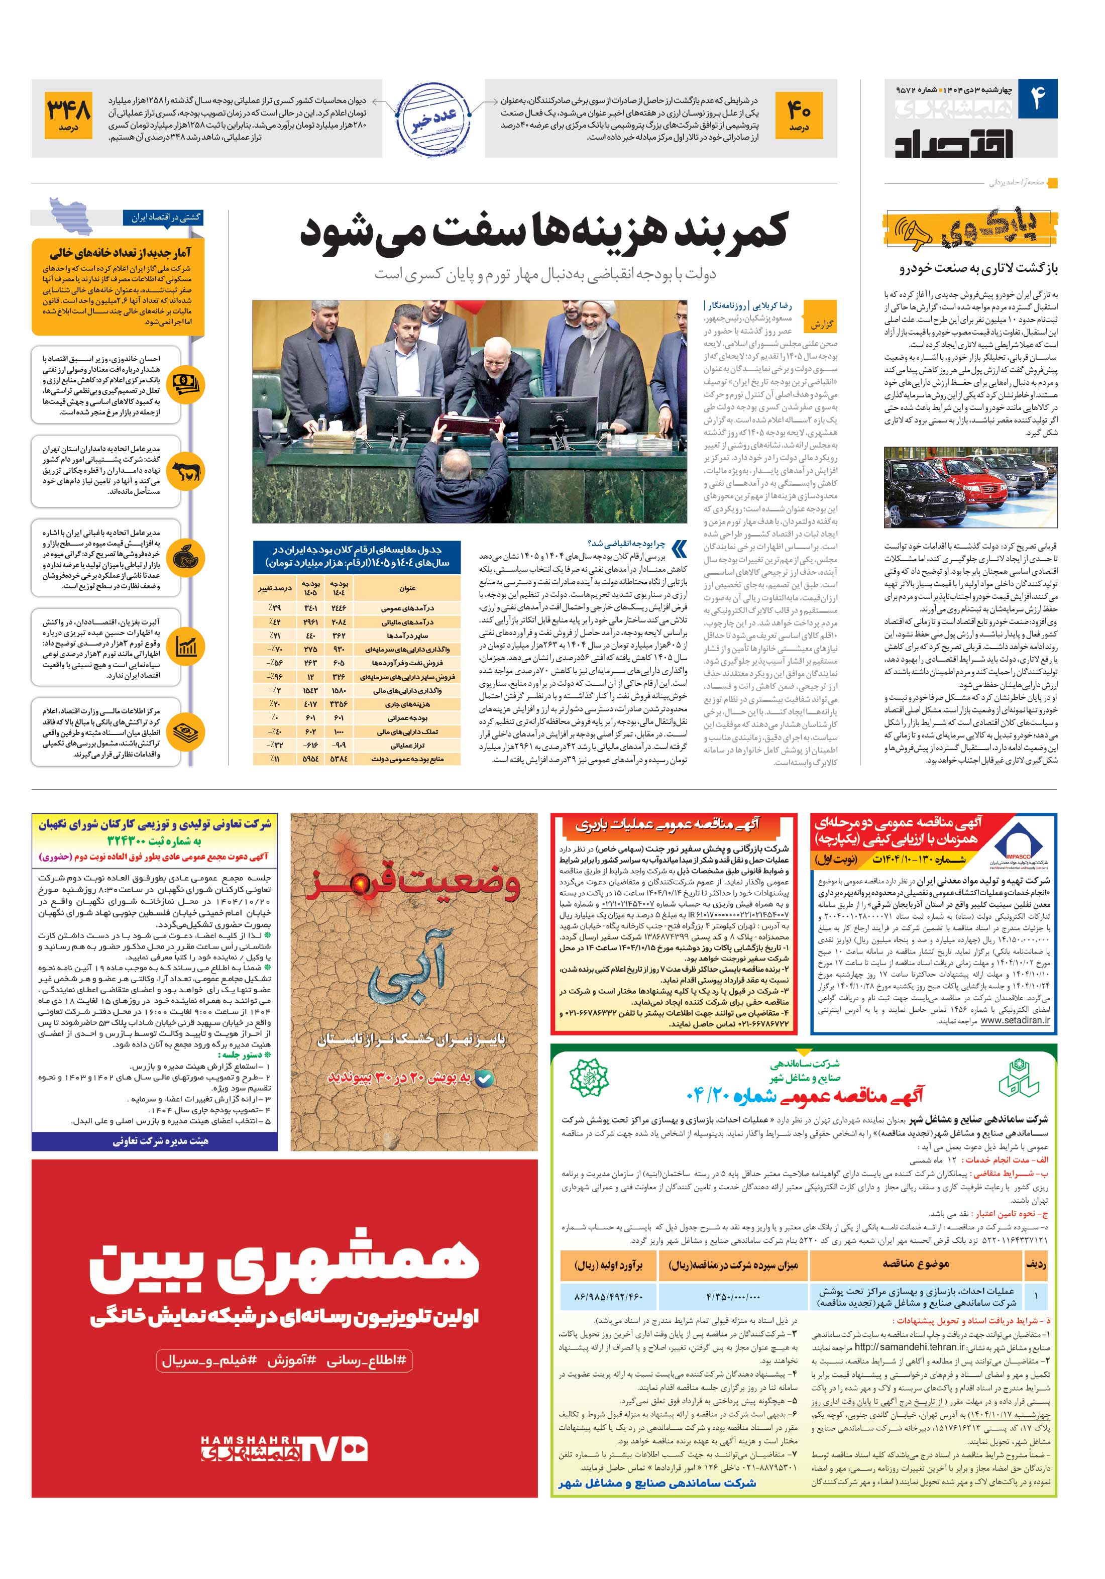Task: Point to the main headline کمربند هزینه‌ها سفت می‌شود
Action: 543,233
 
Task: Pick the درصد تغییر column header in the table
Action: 274,588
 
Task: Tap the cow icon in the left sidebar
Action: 186,472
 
